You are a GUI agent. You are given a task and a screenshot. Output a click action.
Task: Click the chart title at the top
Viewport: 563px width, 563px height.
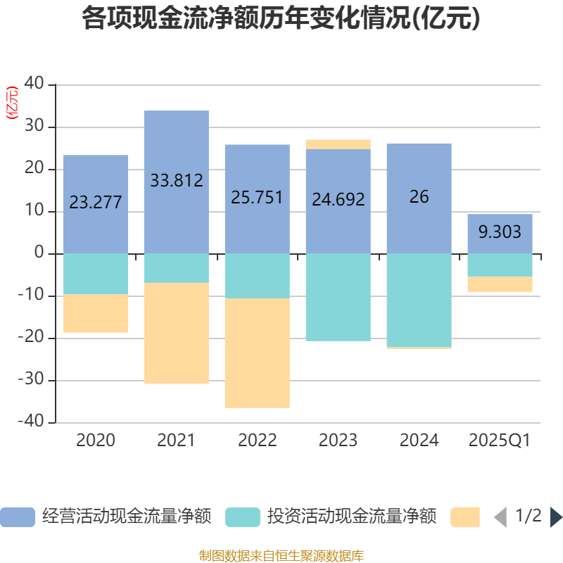click(281, 19)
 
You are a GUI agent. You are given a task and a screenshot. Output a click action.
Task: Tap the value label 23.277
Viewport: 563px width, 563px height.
click(96, 203)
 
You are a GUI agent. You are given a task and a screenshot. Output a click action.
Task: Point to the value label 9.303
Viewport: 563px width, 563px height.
click(500, 232)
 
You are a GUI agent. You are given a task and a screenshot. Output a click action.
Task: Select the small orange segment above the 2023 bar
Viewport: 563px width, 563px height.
click(338, 144)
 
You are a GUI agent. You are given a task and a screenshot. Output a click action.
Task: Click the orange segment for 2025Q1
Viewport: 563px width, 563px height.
click(500, 284)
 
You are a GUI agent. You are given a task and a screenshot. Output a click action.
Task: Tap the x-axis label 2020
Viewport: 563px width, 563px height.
click(96, 441)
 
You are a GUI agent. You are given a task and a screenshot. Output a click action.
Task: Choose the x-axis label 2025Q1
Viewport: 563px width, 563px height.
click(500, 441)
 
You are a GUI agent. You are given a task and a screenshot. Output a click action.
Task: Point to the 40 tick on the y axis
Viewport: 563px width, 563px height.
click(34, 84)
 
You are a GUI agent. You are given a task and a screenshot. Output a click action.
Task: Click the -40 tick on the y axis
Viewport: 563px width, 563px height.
click(32, 422)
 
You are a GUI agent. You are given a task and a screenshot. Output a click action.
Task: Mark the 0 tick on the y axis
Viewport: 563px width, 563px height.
click(39, 253)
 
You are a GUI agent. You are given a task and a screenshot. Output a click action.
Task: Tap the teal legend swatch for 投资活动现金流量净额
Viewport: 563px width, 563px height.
click(242, 517)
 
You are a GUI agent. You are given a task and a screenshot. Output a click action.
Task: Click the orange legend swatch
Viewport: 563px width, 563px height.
click(464, 517)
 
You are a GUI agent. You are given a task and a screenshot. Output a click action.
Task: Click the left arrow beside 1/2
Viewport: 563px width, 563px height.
click(500, 517)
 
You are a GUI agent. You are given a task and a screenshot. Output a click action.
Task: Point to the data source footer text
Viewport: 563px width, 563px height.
click(281, 555)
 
